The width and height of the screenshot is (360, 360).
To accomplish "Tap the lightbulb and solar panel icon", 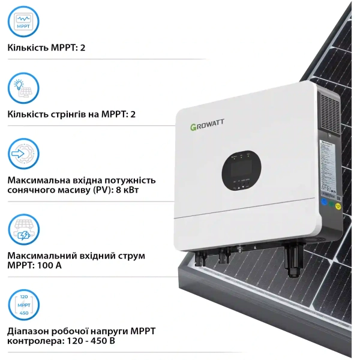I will point(23,89).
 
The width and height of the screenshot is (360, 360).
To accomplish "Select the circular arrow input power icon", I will point(23,154).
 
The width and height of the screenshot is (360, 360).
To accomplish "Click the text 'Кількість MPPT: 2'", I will point(47,47).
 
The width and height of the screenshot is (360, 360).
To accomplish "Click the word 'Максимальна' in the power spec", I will point(37,180).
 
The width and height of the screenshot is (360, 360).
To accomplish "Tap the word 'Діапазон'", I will point(28,331).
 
